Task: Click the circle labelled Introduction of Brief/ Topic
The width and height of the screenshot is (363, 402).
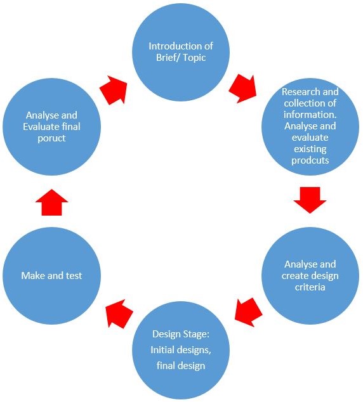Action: [x=181, y=52]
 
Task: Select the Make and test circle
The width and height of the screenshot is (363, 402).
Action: [x=51, y=276]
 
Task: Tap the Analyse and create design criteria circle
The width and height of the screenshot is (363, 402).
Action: [x=310, y=276]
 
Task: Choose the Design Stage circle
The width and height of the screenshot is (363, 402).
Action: [x=181, y=350]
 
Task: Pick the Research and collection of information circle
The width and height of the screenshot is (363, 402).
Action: [x=310, y=127]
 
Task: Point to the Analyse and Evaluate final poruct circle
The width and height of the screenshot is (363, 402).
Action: [x=51, y=127]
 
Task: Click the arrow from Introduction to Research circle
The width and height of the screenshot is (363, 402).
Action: [x=243, y=89]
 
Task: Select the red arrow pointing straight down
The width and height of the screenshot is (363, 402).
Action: [x=310, y=200]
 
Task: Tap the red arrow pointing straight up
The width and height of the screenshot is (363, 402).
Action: [x=51, y=202]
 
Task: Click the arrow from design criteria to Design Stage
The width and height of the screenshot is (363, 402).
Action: [x=248, y=312]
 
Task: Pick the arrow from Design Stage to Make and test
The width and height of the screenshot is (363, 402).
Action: [x=119, y=314]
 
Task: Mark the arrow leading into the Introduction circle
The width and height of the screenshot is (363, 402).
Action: [x=114, y=90]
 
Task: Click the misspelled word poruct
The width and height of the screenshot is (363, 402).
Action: [x=51, y=138]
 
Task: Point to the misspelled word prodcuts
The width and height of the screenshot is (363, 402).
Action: [x=310, y=160]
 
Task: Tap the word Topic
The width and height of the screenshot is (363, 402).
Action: [x=194, y=58]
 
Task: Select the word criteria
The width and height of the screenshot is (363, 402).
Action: [x=310, y=287]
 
